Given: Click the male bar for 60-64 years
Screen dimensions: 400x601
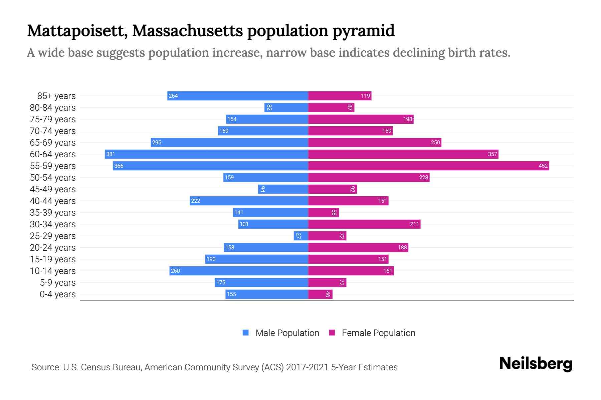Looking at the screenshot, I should pyautogui.click(x=206, y=154).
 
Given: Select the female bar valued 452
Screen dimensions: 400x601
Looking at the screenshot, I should pyautogui.click(x=428, y=166).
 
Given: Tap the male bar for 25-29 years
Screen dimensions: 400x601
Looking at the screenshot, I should pyautogui.click(x=300, y=236).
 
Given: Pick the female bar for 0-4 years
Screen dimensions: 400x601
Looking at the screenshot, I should pyautogui.click(x=320, y=294).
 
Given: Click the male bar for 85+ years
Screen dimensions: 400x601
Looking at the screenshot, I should pyautogui.click(x=237, y=96).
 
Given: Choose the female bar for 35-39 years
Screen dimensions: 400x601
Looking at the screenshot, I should pyautogui.click(x=323, y=212).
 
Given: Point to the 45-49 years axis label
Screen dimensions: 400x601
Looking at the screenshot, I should pyautogui.click(x=53, y=189).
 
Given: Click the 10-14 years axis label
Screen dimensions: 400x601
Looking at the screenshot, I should pyautogui.click(x=53, y=271).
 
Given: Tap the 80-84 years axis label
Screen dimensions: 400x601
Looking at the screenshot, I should pyautogui.click(x=53, y=108).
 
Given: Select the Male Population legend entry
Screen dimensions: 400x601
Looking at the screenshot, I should pyautogui.click(x=287, y=333).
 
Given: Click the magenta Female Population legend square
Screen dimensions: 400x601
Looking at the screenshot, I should pyautogui.click(x=332, y=333).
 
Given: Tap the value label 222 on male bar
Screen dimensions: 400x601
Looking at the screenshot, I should pyautogui.click(x=196, y=201).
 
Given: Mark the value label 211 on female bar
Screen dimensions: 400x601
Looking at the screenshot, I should pyautogui.click(x=414, y=224).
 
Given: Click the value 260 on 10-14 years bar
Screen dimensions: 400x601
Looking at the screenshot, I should pyautogui.click(x=175, y=271).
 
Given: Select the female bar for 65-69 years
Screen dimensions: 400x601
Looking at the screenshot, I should pyautogui.click(x=374, y=142).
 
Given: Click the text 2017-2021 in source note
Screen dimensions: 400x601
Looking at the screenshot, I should pyautogui.click(x=307, y=367).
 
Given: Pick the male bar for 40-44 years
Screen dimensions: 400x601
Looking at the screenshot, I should pyautogui.click(x=249, y=201).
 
